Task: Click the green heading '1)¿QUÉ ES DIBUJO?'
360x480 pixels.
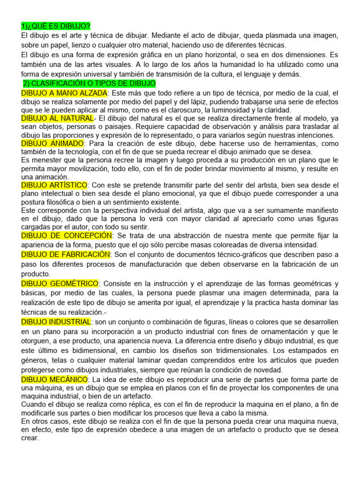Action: [56, 26]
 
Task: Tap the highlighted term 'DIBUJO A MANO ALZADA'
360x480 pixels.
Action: [64, 93]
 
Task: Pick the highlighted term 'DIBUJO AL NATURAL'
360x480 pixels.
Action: [57, 118]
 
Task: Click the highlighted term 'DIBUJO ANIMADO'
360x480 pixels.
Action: [52, 143]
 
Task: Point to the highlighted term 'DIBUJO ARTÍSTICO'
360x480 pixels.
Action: [54, 185]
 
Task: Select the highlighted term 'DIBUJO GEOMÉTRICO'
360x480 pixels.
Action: [60, 284]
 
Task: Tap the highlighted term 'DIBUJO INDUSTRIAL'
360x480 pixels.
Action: [56, 322]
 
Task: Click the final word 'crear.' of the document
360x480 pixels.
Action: [30, 438]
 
